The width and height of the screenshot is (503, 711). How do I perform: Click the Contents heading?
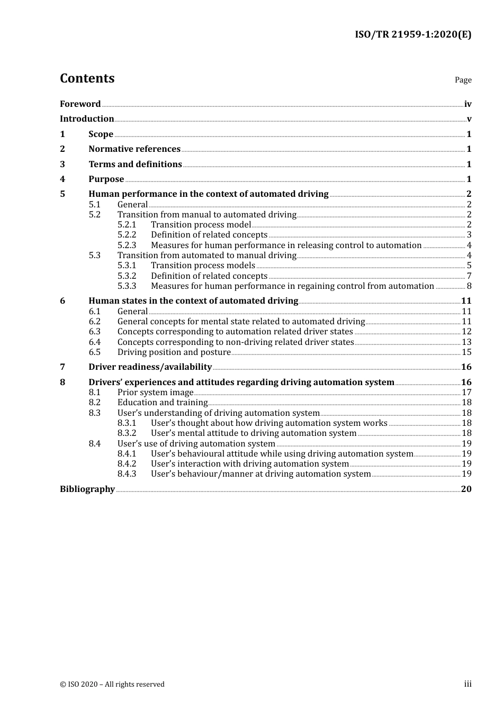pyautogui.click(x=87, y=78)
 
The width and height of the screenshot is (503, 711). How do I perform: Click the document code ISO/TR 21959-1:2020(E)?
pyautogui.click(x=412, y=35)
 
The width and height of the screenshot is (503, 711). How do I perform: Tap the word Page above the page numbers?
pyautogui.click(x=463, y=80)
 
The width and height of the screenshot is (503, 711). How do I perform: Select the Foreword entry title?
pyautogui.click(x=80, y=104)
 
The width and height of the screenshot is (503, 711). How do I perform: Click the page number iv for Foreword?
pyautogui.click(x=468, y=104)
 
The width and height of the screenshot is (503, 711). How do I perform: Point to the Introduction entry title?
pyautogui.click(x=87, y=119)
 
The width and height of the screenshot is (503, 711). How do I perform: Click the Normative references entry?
pyautogui.click(x=134, y=149)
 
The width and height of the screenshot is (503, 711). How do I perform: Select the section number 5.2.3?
pyautogui.click(x=127, y=245)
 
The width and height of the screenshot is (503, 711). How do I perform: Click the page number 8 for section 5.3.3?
pyautogui.click(x=469, y=286)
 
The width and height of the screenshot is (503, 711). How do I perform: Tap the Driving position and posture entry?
pyautogui.click(x=174, y=352)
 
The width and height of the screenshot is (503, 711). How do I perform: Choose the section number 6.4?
pyautogui.click(x=94, y=342)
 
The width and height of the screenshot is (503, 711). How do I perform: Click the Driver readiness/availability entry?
pyautogui.click(x=150, y=367)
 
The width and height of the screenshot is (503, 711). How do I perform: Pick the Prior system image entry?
pyautogui.click(x=155, y=393)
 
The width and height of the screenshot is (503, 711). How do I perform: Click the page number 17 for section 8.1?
pyautogui.click(x=466, y=393)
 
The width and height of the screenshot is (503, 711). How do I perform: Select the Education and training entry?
pyautogui.click(x=162, y=403)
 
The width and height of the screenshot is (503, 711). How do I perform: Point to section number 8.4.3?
pyautogui.click(x=127, y=474)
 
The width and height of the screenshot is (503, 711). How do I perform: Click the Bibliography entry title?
pyautogui.click(x=87, y=489)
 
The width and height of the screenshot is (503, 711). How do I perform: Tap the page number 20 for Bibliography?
pyautogui.click(x=466, y=489)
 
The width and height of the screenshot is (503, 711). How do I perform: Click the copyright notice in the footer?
pyautogui.click(x=112, y=685)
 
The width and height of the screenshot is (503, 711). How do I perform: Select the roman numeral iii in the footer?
pyautogui.click(x=468, y=684)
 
